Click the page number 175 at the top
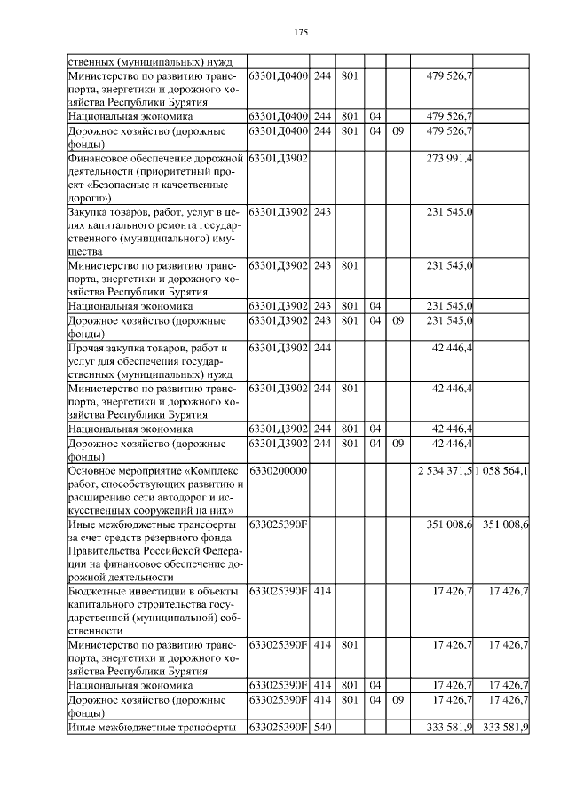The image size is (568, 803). [300, 33]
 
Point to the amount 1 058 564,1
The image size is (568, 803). [501, 469]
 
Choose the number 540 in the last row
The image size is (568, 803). [321, 728]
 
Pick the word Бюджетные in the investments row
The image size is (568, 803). [95, 589]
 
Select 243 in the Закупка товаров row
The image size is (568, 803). [321, 213]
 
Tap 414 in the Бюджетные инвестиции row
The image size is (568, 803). [321, 589]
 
